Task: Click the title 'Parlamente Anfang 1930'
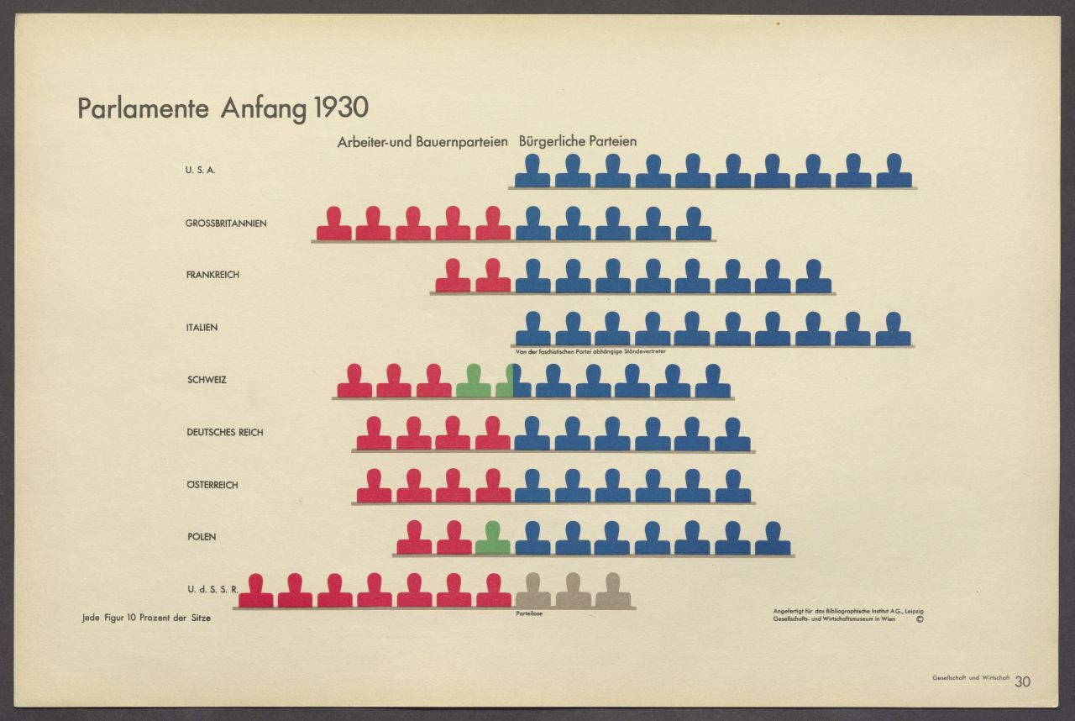(223, 109)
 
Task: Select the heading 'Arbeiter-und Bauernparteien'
(422, 142)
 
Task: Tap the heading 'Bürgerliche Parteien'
(578, 141)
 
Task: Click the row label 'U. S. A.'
(201, 171)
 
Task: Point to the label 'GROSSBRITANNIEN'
(226, 224)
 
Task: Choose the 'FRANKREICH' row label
(212, 275)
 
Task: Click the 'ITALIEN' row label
(202, 328)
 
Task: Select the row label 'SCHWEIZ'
(207, 380)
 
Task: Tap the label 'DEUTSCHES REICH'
(224, 433)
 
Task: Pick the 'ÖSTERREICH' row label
(212, 486)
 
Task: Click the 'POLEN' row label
(202, 537)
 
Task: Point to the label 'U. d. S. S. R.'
(212, 589)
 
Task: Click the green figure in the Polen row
(492, 539)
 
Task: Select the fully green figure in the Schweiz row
(473, 382)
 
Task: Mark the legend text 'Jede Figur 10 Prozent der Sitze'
(146, 618)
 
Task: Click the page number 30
(1022, 682)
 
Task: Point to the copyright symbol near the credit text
(920, 620)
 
